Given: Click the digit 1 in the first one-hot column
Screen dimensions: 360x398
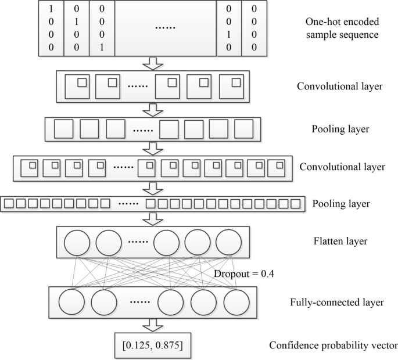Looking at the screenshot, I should [51, 10].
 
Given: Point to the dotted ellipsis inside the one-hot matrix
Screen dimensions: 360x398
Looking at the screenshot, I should [165, 28].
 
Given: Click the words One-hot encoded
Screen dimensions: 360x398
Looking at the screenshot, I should [342, 22].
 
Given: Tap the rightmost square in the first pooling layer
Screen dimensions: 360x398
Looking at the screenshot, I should [244, 129].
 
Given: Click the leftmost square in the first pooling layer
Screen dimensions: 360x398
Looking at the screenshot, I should [62, 129].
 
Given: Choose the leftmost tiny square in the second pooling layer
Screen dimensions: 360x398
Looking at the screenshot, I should [8, 204].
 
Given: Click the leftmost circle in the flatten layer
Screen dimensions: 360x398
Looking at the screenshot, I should [76, 242].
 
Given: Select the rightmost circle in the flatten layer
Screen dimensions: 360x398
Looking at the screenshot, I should [227, 242].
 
